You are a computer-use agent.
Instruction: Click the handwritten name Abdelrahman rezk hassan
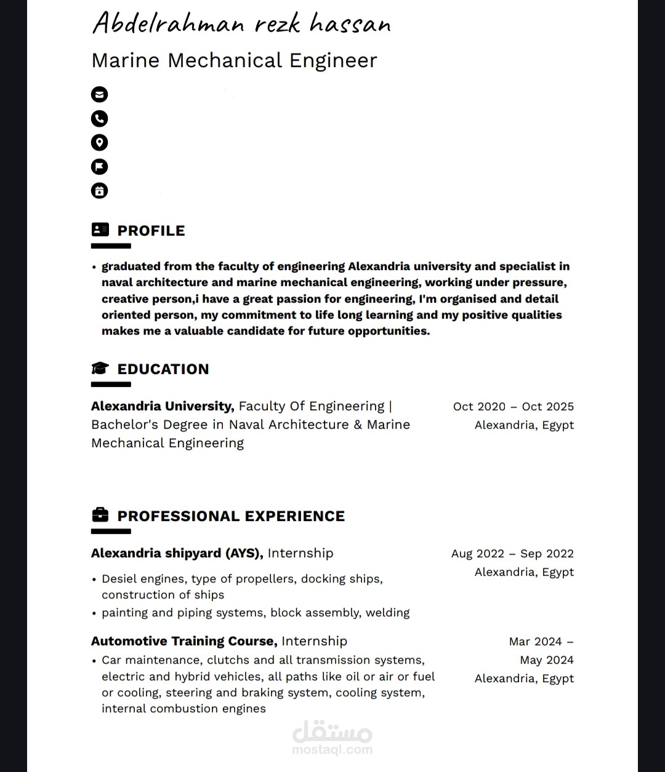(241, 24)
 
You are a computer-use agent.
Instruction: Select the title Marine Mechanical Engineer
(234, 60)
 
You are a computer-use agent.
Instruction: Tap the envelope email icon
(99, 94)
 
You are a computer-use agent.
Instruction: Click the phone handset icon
(99, 118)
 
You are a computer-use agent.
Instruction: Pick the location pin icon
(99, 143)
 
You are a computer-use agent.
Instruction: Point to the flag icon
(99, 167)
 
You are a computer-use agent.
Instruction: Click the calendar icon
(99, 191)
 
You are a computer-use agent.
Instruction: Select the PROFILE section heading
(151, 231)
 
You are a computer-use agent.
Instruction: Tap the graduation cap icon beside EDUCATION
(100, 368)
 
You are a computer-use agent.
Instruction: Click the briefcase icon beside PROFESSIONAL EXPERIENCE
(100, 515)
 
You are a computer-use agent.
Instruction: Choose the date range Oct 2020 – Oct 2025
(513, 407)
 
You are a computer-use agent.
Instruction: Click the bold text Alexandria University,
(163, 406)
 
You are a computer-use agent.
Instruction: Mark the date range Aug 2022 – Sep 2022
(512, 554)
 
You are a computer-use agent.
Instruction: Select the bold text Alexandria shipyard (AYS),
(177, 553)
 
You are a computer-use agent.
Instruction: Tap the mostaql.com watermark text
(332, 750)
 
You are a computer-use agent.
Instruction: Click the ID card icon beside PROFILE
(100, 229)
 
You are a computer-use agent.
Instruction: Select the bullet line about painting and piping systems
(256, 613)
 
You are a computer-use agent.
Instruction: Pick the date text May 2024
(546, 660)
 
